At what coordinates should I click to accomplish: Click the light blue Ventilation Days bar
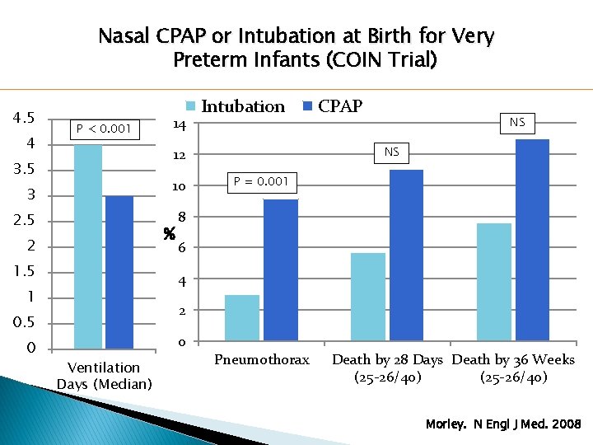point(88,246)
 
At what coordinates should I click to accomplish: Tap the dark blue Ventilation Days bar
point(119,272)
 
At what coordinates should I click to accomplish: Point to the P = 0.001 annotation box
point(260,181)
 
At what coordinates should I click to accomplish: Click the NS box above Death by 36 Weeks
point(517,123)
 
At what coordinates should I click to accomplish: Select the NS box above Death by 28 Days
point(391,152)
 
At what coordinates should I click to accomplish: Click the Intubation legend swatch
point(191,106)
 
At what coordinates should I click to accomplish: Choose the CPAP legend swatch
point(309,106)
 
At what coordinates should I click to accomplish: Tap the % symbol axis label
point(170,233)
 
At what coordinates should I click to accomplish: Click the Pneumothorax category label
point(261,360)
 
